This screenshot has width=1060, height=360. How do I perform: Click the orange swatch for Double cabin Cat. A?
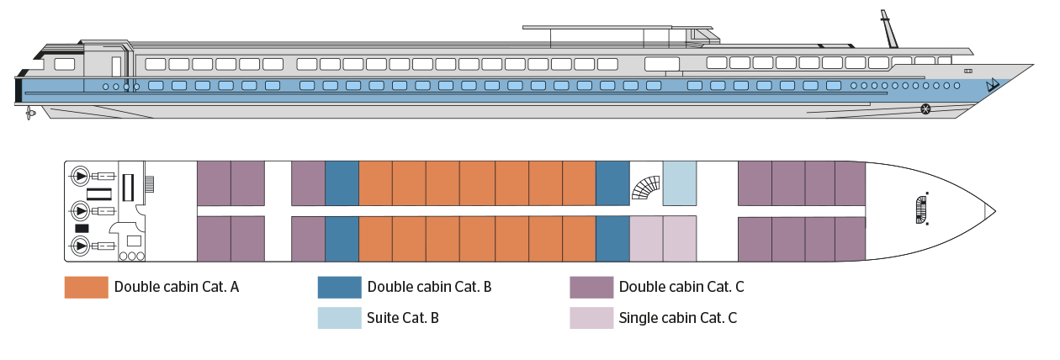86,287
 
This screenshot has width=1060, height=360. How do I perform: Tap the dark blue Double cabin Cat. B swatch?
339,287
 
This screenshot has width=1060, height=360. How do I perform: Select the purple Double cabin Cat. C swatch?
591,287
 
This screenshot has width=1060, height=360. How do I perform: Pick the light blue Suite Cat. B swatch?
339,318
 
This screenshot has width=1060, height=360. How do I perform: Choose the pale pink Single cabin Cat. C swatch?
591,318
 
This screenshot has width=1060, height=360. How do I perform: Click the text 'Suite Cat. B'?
403,318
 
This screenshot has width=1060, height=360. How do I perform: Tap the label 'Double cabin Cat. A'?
177,287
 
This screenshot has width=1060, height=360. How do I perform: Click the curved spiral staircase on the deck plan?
645,186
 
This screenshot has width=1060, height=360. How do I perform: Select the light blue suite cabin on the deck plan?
680,183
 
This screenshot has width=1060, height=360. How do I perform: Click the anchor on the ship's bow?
994,85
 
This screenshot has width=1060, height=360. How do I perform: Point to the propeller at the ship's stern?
31,111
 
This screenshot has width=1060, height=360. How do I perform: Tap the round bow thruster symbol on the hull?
926,109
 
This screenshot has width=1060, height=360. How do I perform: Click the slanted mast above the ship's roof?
888,29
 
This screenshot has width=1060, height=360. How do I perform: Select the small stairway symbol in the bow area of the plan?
921,209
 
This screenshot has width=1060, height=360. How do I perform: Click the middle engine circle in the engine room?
80,210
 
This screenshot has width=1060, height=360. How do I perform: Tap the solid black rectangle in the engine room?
82,229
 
